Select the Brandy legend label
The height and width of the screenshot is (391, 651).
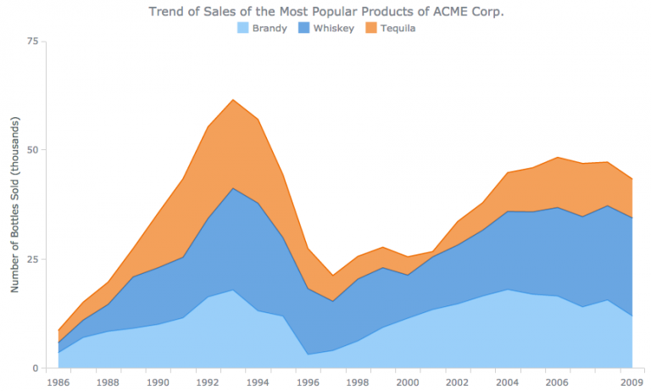tap(270, 28)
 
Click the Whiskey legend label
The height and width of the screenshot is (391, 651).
tap(333, 28)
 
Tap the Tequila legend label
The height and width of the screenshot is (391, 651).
tap(398, 28)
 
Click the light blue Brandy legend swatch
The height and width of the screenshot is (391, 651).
tap(242, 28)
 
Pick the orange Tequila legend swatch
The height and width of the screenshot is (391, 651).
tap(370, 28)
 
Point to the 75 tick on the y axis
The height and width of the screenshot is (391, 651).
tap(32, 41)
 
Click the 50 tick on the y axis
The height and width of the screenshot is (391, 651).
tap(32, 150)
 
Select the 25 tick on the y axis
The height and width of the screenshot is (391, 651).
tap(32, 259)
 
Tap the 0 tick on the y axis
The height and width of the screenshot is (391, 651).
tap(36, 368)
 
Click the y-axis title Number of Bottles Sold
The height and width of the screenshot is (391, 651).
tap(14, 204)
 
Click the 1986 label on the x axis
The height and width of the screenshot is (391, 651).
tap(58, 383)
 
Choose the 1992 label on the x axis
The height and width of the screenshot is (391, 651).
tap(208, 383)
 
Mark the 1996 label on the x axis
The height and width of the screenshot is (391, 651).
tap(308, 383)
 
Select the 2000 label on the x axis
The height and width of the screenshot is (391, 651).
tap(408, 383)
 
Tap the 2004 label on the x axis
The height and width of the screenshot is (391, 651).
tap(508, 383)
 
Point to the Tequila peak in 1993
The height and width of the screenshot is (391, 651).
tap(232, 99)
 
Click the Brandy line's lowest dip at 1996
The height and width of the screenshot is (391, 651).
tap(308, 355)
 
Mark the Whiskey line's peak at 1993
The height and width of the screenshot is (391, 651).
tap(232, 187)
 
